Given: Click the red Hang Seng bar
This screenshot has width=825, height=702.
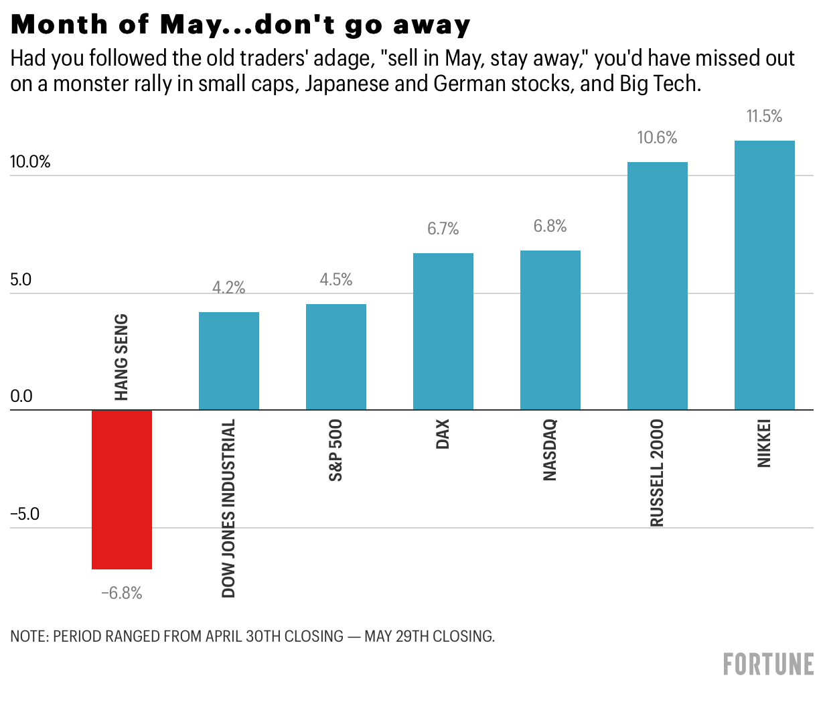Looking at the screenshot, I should [122, 489].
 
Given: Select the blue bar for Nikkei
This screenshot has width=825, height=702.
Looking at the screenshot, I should [764, 275].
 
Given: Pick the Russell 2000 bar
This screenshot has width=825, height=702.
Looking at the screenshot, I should [657, 285].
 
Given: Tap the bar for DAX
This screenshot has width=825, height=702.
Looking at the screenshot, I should [443, 331].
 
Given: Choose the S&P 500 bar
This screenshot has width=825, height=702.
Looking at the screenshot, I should [335, 356].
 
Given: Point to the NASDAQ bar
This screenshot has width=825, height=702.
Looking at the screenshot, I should [550, 330].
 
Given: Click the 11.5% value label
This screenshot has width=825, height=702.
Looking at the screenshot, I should [764, 117].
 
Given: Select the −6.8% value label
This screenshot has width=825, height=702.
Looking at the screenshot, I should [122, 593].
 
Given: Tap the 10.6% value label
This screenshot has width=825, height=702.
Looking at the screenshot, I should [657, 138].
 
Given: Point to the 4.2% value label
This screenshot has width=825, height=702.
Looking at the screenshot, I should [228, 288].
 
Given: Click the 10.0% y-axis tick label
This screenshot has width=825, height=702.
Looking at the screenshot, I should [30, 162].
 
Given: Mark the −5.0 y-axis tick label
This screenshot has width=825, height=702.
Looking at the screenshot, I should [25, 514].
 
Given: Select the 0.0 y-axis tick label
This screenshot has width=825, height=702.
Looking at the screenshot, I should [21, 397].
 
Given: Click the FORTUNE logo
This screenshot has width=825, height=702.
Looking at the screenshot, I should [768, 664].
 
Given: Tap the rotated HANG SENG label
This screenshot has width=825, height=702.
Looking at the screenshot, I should [121, 357].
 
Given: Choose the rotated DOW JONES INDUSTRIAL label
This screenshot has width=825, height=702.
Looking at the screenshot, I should [229, 508].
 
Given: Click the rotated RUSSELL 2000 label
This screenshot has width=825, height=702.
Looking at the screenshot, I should [657, 472].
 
